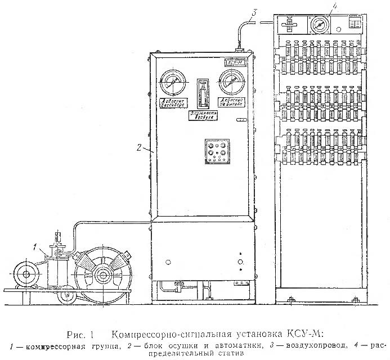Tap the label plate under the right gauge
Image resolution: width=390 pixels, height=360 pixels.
(x=231, y=107)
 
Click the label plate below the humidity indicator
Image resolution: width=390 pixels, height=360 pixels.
(x=203, y=115)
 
